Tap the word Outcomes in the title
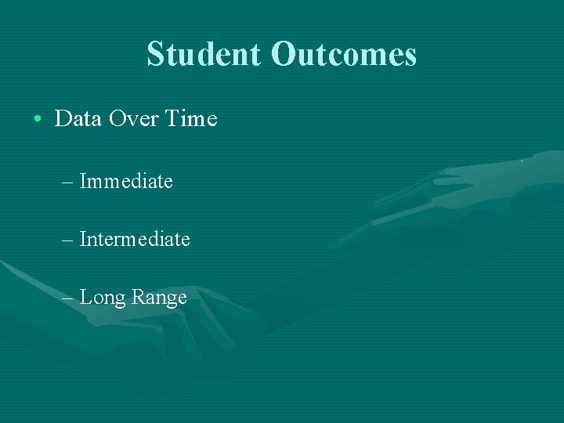(344, 55)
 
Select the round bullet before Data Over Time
(38, 120)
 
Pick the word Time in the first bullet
(191, 119)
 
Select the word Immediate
(126, 181)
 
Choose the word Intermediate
(135, 239)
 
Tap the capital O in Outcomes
(283, 55)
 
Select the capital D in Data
(63, 119)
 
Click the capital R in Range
(137, 298)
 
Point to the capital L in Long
(85, 298)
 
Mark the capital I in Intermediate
(83, 239)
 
